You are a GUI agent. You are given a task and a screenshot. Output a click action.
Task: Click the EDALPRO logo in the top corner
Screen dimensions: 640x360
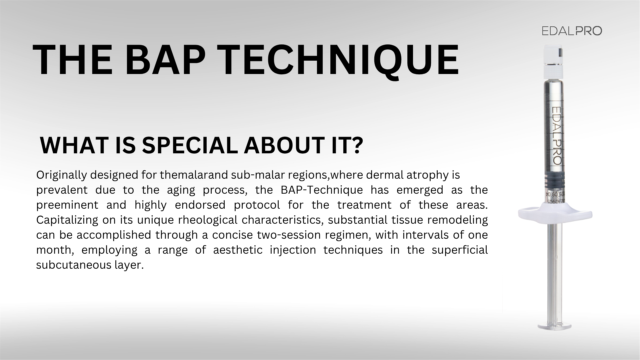coord(572,31)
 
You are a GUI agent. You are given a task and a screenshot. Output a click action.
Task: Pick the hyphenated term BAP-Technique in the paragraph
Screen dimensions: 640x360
coord(322,190)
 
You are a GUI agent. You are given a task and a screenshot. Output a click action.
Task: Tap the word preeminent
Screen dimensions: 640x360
coord(67,205)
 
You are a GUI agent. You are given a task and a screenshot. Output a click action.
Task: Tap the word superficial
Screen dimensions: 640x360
coord(460,250)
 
